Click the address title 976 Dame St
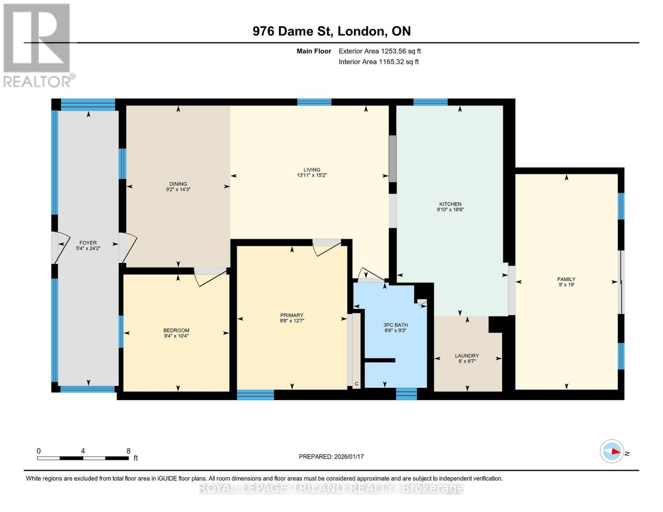(331, 31)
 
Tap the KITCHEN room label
(450, 204)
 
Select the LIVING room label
(312, 170)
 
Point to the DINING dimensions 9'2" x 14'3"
(178, 189)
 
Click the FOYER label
(88, 243)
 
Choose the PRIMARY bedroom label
(292, 315)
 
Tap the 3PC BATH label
(395, 325)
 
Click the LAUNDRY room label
(467, 355)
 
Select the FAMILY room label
(566, 279)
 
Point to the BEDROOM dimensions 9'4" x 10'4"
(176, 336)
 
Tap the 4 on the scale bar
(83, 451)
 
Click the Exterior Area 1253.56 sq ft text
(380, 51)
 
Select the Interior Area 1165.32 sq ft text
(378, 62)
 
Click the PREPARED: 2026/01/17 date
(331, 457)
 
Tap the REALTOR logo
(38, 45)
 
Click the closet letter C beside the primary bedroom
(356, 384)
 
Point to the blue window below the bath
(406, 394)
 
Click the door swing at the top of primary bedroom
(327, 247)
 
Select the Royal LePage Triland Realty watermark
(331, 488)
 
